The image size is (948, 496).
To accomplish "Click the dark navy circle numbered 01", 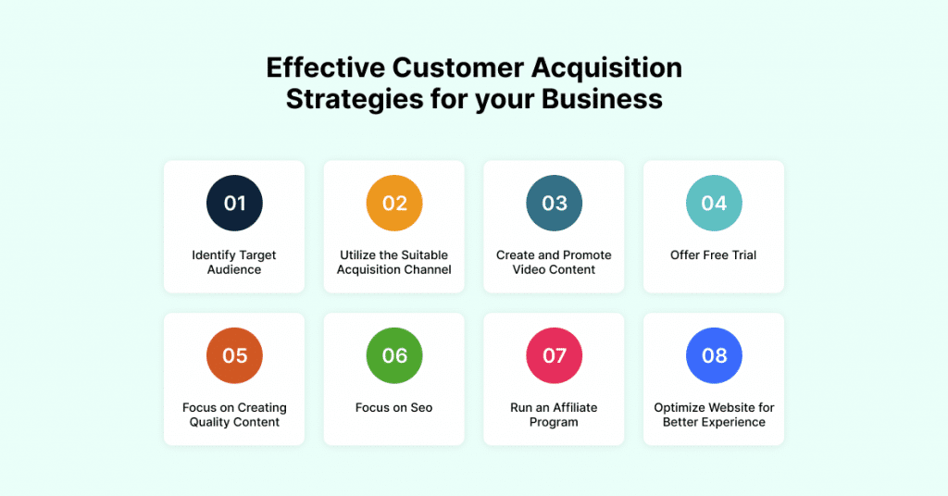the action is click(234, 203).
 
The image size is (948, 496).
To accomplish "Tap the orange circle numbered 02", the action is click(394, 203).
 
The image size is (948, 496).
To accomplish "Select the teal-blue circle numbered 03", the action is click(554, 203).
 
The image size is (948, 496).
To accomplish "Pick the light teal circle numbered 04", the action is click(714, 203).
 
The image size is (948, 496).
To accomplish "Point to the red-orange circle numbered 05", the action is click(234, 355).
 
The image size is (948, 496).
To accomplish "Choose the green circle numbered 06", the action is click(394, 355).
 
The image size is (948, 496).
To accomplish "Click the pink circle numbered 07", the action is click(554, 355).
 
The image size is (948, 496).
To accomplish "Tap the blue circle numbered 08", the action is click(714, 355).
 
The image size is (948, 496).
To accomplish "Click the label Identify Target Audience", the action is click(234, 262).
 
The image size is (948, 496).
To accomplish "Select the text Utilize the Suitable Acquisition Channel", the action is click(394, 262).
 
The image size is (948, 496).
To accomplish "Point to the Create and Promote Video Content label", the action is click(554, 262).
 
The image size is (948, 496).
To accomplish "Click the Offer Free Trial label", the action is click(714, 255).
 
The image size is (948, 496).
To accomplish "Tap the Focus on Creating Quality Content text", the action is click(234, 415).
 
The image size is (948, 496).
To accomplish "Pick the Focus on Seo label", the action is click(394, 408).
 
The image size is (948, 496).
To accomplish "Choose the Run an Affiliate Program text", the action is click(554, 415).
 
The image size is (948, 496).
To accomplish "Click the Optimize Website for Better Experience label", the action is click(714, 415).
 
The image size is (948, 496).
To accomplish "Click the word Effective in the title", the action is click(325, 67).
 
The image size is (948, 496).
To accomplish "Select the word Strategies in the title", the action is click(355, 100).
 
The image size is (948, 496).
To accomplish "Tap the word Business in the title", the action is click(602, 99).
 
